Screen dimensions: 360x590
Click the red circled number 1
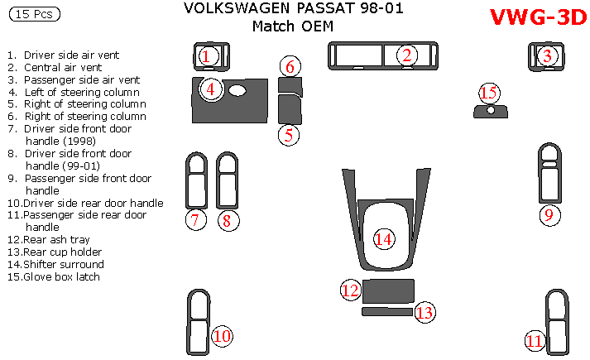click(208, 56)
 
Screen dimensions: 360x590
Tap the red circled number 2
click(406, 55)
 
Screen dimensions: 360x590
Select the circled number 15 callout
click(546, 56)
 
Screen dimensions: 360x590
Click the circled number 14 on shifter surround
click(382, 239)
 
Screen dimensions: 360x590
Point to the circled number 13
click(425, 312)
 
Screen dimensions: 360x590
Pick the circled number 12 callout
click(351, 290)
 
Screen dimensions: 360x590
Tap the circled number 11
click(535, 340)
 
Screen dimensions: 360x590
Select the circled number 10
click(221, 336)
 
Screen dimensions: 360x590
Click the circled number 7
click(195, 220)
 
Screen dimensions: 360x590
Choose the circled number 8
click(228, 220)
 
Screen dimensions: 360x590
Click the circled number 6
click(290, 66)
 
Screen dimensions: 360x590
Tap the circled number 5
click(288, 134)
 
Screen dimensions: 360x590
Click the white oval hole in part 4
click(238, 90)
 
